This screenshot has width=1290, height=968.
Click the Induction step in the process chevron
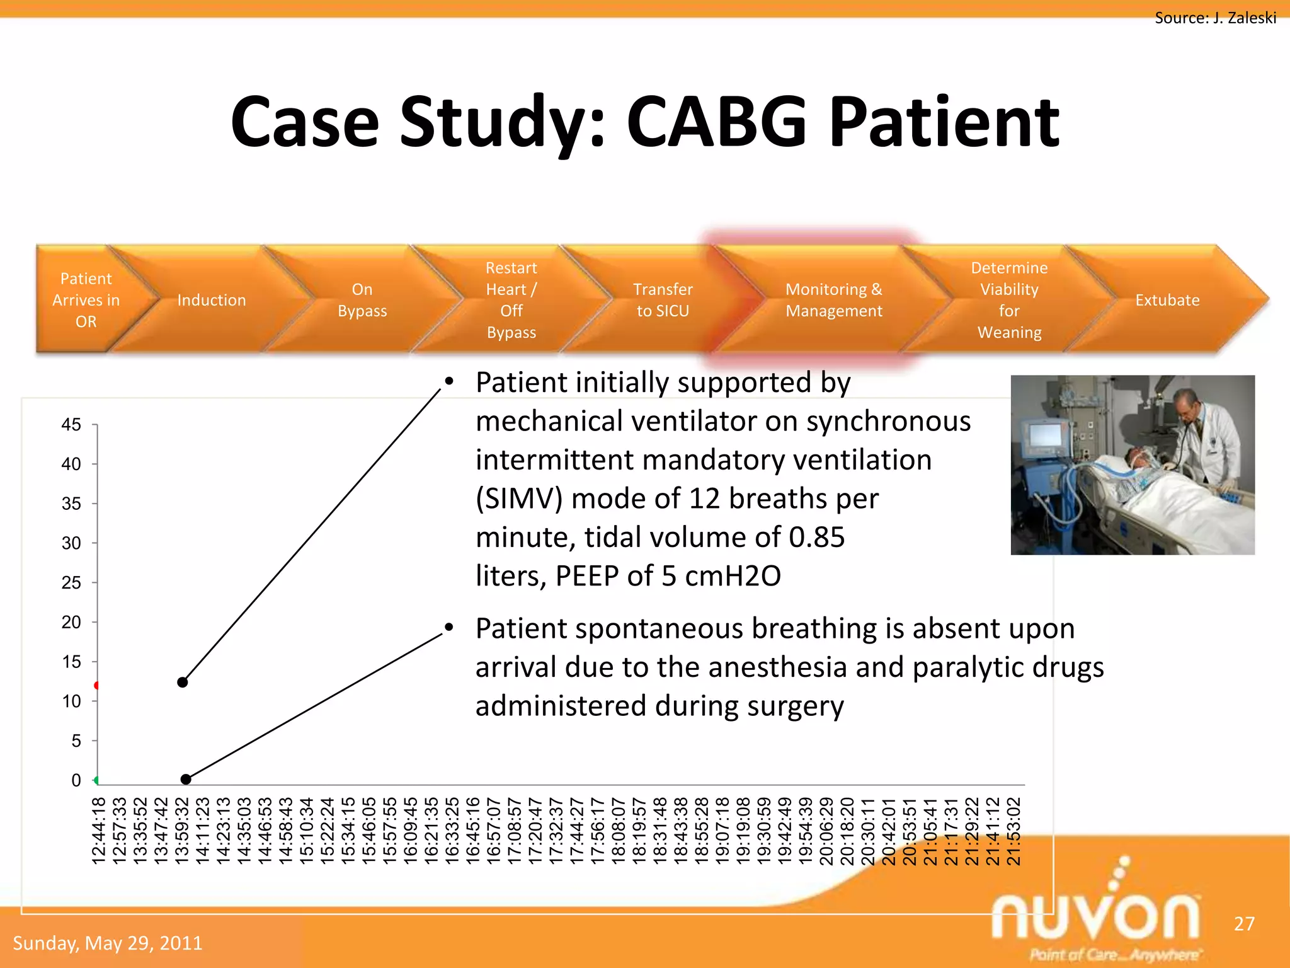click(x=212, y=300)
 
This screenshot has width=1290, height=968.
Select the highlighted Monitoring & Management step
click(x=833, y=300)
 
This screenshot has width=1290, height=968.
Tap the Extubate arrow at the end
click(x=1167, y=300)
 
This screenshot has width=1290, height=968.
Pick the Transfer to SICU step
click(x=663, y=300)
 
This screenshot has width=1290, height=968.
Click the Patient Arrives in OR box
click(x=86, y=300)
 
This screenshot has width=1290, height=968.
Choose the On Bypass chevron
click(x=362, y=300)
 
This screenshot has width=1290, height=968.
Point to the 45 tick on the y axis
click(x=71, y=425)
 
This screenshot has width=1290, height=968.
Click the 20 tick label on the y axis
click(x=71, y=622)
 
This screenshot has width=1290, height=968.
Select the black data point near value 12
click(x=183, y=682)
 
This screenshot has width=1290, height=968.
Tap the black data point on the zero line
click(x=186, y=780)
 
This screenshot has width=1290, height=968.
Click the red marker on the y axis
click(x=97, y=685)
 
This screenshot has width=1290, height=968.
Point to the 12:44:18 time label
click(x=99, y=831)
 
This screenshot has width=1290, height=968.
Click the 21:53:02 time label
click(x=1013, y=831)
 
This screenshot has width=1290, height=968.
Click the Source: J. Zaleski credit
click(x=1215, y=18)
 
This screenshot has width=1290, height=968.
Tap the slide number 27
click(x=1244, y=924)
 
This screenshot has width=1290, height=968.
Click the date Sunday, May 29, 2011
click(x=108, y=943)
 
